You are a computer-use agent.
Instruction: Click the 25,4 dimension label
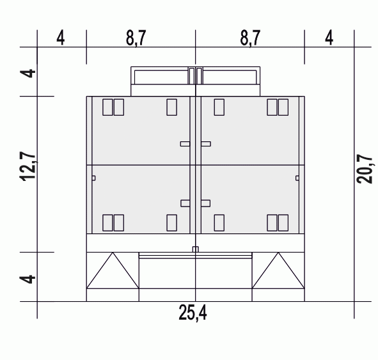193,313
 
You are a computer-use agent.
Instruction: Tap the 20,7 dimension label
365,169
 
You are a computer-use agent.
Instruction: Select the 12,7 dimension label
28,166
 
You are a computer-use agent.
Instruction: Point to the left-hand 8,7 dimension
136,38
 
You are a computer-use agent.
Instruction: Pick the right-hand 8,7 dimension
250,38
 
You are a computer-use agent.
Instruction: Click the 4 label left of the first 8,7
61,38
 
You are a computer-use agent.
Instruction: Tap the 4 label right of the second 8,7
329,38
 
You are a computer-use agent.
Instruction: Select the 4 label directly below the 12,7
28,279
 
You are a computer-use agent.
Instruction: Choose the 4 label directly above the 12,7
28,74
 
